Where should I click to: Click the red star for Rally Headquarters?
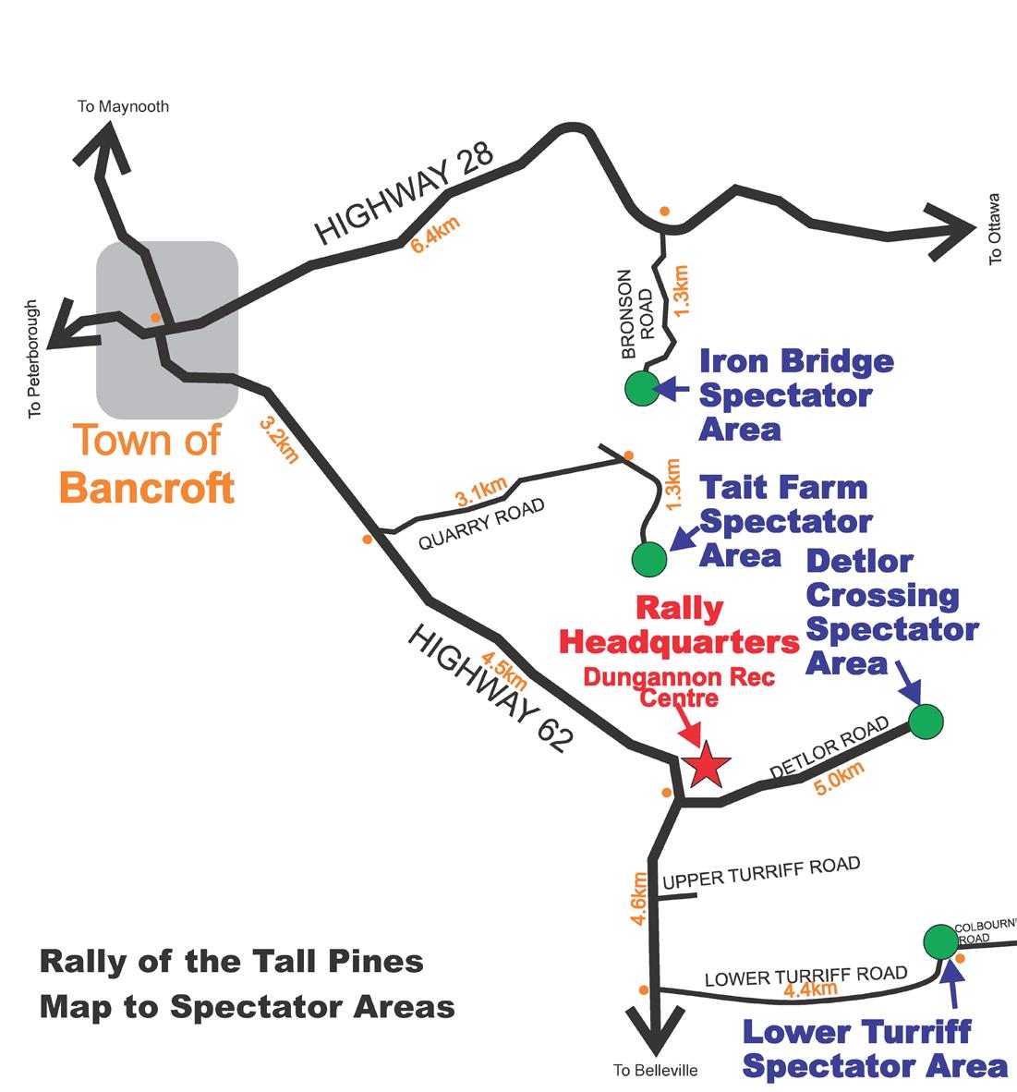[x=707, y=764]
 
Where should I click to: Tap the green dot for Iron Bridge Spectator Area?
[x=642, y=388]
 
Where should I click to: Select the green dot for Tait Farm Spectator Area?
[x=649, y=559]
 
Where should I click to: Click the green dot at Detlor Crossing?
[x=926, y=721]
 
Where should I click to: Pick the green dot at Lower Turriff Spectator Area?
[x=941, y=942]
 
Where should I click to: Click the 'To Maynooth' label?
[x=123, y=106]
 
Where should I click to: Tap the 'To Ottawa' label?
[x=995, y=228]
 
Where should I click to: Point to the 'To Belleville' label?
[x=655, y=1071]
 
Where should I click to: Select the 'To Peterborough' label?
[x=32, y=359]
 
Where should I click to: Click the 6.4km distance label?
[x=435, y=235]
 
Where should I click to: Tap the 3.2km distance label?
[x=279, y=440]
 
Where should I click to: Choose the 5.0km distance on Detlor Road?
[x=840, y=778]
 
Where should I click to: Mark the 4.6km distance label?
[x=638, y=899]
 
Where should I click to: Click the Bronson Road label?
[x=637, y=314]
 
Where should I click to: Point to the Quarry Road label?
[x=481, y=524]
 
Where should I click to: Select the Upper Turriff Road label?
[x=761, y=873]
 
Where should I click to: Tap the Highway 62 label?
[x=491, y=688]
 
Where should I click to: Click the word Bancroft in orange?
[x=147, y=488]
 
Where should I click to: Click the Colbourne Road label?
[x=985, y=932]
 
